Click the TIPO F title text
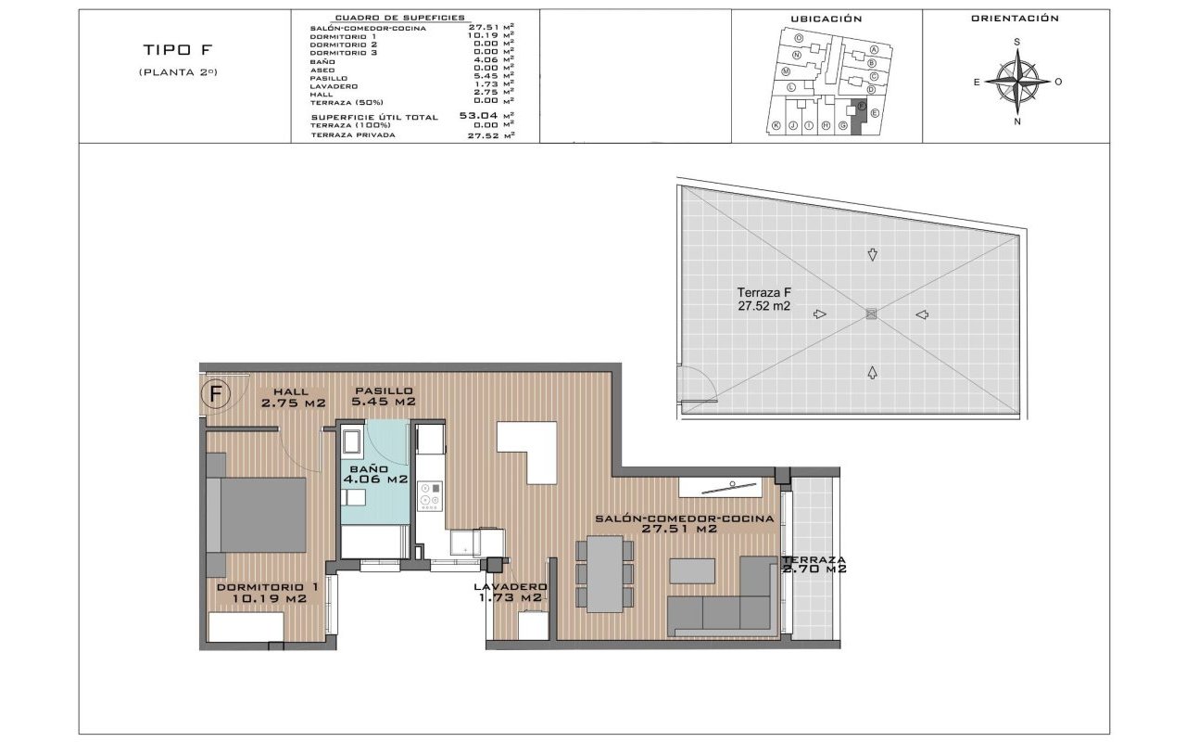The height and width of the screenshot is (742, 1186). tap(179, 50)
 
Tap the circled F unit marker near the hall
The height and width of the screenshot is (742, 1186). tap(216, 395)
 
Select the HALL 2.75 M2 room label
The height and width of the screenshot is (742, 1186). tap(293, 397)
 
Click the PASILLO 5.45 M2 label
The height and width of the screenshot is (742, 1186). tap(383, 397)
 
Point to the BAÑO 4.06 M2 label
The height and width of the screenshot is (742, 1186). tap(375, 474)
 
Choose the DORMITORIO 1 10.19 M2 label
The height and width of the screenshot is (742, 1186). tap(267, 593)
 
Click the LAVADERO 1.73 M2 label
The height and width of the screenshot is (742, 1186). tap(510, 593)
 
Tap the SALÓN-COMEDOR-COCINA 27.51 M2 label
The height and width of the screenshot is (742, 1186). tap(684, 524)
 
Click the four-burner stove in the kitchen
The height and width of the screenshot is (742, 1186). tap(429, 495)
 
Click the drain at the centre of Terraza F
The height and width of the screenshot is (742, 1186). tap(871, 314)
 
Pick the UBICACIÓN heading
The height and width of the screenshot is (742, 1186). tap(826, 19)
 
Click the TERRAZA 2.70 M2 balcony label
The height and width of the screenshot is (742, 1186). tap(814, 565)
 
